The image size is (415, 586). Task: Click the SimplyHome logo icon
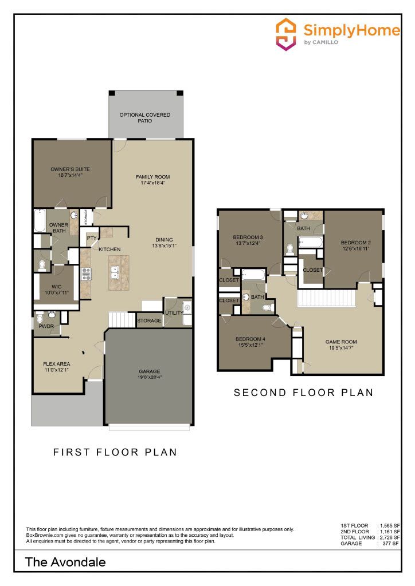tap(286, 34)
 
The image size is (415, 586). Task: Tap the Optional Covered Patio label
tap(145, 118)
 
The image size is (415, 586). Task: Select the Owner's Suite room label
tap(71, 169)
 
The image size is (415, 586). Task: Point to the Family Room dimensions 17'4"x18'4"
tap(152, 183)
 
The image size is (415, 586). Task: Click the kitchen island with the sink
tap(119, 273)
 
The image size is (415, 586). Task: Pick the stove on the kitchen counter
tap(87, 274)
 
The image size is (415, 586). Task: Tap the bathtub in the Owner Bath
tap(40, 221)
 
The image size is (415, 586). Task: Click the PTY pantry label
tap(91, 238)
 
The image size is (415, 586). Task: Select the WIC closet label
tap(57, 287)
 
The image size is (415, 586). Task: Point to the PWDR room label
tap(46, 326)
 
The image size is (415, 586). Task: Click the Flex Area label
tap(57, 363)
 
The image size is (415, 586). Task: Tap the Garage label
tap(149, 371)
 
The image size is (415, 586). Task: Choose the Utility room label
tap(174, 313)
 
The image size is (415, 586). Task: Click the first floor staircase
tap(122, 320)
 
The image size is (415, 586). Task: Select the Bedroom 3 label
tap(248, 237)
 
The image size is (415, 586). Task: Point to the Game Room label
tap(341, 342)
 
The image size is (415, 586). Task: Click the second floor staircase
tap(327, 298)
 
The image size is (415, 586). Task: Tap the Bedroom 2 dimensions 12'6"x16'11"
tap(355, 248)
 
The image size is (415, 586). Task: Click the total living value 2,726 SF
tap(390, 537)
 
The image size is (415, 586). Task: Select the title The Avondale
tap(65, 562)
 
